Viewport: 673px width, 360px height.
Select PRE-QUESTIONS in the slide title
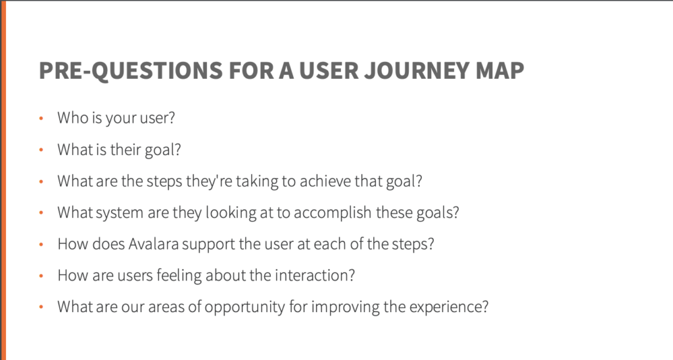[131, 71]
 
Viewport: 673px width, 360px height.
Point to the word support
[208, 244]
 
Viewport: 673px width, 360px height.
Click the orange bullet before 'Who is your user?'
[41, 118]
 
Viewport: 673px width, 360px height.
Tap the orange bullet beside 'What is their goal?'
[41, 150]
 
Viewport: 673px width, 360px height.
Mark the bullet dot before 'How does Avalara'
[41, 244]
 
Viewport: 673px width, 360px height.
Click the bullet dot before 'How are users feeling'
[41, 276]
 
